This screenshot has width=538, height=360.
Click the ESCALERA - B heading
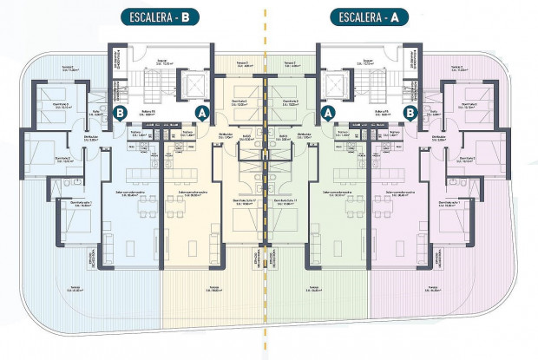click(x=161, y=16)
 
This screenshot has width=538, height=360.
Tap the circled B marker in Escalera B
click(x=120, y=111)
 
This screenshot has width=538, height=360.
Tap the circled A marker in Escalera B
click(x=202, y=111)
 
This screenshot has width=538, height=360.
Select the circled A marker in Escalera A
click(x=328, y=111)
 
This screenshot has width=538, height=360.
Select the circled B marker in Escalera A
click(x=410, y=111)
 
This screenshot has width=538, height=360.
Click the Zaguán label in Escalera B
click(x=161, y=62)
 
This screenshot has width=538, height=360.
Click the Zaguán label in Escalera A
click(x=369, y=62)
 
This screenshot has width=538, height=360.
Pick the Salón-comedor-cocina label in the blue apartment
click(x=128, y=193)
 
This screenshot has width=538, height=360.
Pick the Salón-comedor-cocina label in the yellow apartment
click(x=187, y=193)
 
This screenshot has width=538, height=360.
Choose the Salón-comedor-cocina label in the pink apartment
click(x=401, y=193)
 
